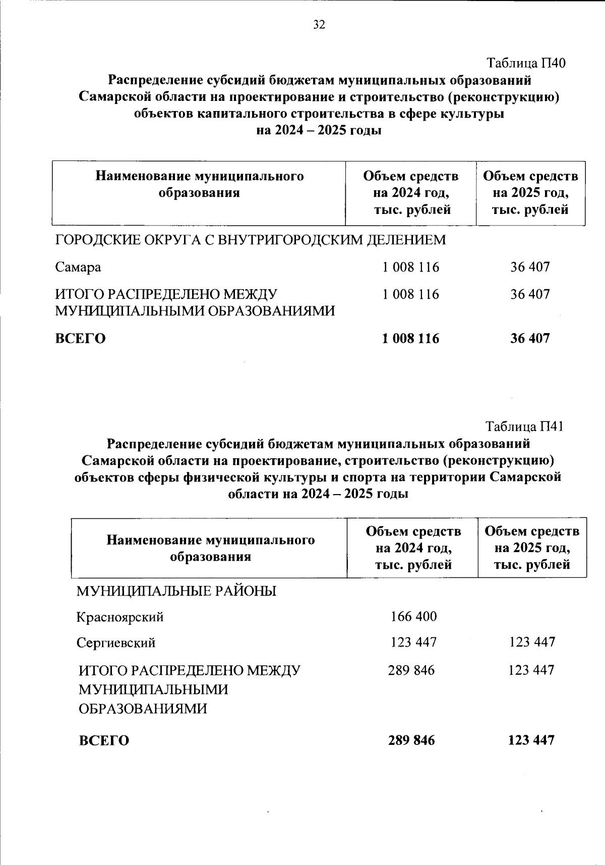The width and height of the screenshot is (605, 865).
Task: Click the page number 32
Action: [319, 25]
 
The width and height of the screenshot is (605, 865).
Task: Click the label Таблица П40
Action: [526, 63]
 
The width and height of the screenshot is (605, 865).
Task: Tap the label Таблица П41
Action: [524, 426]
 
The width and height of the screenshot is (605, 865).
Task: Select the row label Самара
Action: [78, 267]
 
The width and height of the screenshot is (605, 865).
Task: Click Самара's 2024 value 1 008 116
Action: [410, 267]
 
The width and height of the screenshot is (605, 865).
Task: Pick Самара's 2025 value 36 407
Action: [529, 267]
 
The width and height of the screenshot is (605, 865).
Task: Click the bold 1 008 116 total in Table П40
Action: [410, 338]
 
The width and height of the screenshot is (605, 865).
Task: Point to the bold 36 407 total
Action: [529, 338]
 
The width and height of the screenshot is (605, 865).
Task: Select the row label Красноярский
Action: [120, 617]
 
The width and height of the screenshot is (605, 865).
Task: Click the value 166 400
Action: [413, 616]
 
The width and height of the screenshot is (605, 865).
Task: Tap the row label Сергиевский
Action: [116, 643]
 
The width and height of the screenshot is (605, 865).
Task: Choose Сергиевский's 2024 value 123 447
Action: [413, 642]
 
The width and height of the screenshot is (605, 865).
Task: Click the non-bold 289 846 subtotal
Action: [411, 670]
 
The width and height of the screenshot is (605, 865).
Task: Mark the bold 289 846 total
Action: [411, 740]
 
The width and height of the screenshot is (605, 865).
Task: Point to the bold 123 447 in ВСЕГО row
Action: [531, 740]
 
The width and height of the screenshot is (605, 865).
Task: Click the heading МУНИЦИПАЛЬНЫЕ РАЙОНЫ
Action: [176, 591]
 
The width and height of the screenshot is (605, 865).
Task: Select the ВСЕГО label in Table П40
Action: [80, 338]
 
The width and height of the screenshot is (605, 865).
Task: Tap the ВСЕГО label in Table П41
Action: [104, 741]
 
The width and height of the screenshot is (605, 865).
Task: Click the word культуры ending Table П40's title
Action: [472, 114]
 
